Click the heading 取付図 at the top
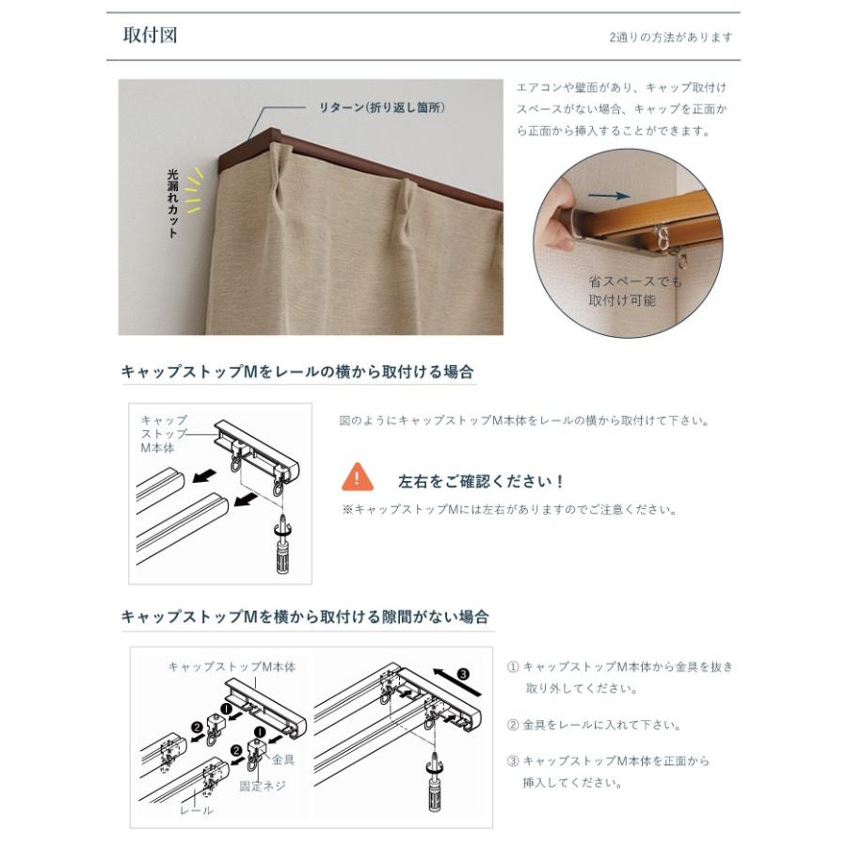click(x=150, y=36)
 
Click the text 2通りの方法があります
click(x=670, y=38)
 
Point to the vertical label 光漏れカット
click(x=172, y=202)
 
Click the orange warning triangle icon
click(x=358, y=477)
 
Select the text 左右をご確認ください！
click(x=480, y=481)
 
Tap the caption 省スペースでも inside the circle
click(x=635, y=281)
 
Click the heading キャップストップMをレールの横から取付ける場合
click(x=297, y=372)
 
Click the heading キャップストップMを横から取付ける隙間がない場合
click(x=306, y=617)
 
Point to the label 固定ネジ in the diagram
click(x=262, y=786)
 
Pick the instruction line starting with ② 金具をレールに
click(x=594, y=726)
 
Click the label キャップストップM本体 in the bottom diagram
click(x=232, y=666)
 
